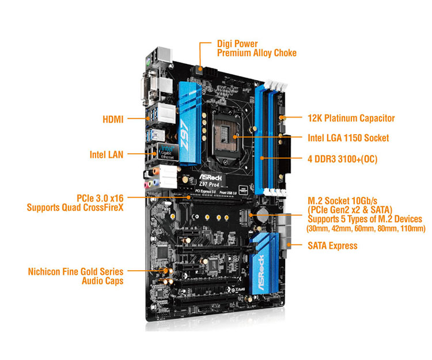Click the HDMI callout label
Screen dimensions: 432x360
[113, 119]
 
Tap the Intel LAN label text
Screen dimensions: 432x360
[107, 154]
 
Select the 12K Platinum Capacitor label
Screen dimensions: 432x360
[351, 118]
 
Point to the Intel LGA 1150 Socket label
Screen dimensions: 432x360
[348, 138]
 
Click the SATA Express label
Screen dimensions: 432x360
[332, 245]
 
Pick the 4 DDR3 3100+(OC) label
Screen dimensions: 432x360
[343, 159]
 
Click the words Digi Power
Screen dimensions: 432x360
[237, 44]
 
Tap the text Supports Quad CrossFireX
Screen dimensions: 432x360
[75, 207]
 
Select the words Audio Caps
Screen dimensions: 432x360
[103, 281]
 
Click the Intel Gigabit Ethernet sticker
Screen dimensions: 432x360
[168, 152]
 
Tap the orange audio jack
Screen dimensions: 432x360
[156, 172]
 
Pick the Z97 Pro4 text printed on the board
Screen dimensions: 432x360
[209, 184]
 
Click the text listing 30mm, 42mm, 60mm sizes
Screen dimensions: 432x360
[366, 228]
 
